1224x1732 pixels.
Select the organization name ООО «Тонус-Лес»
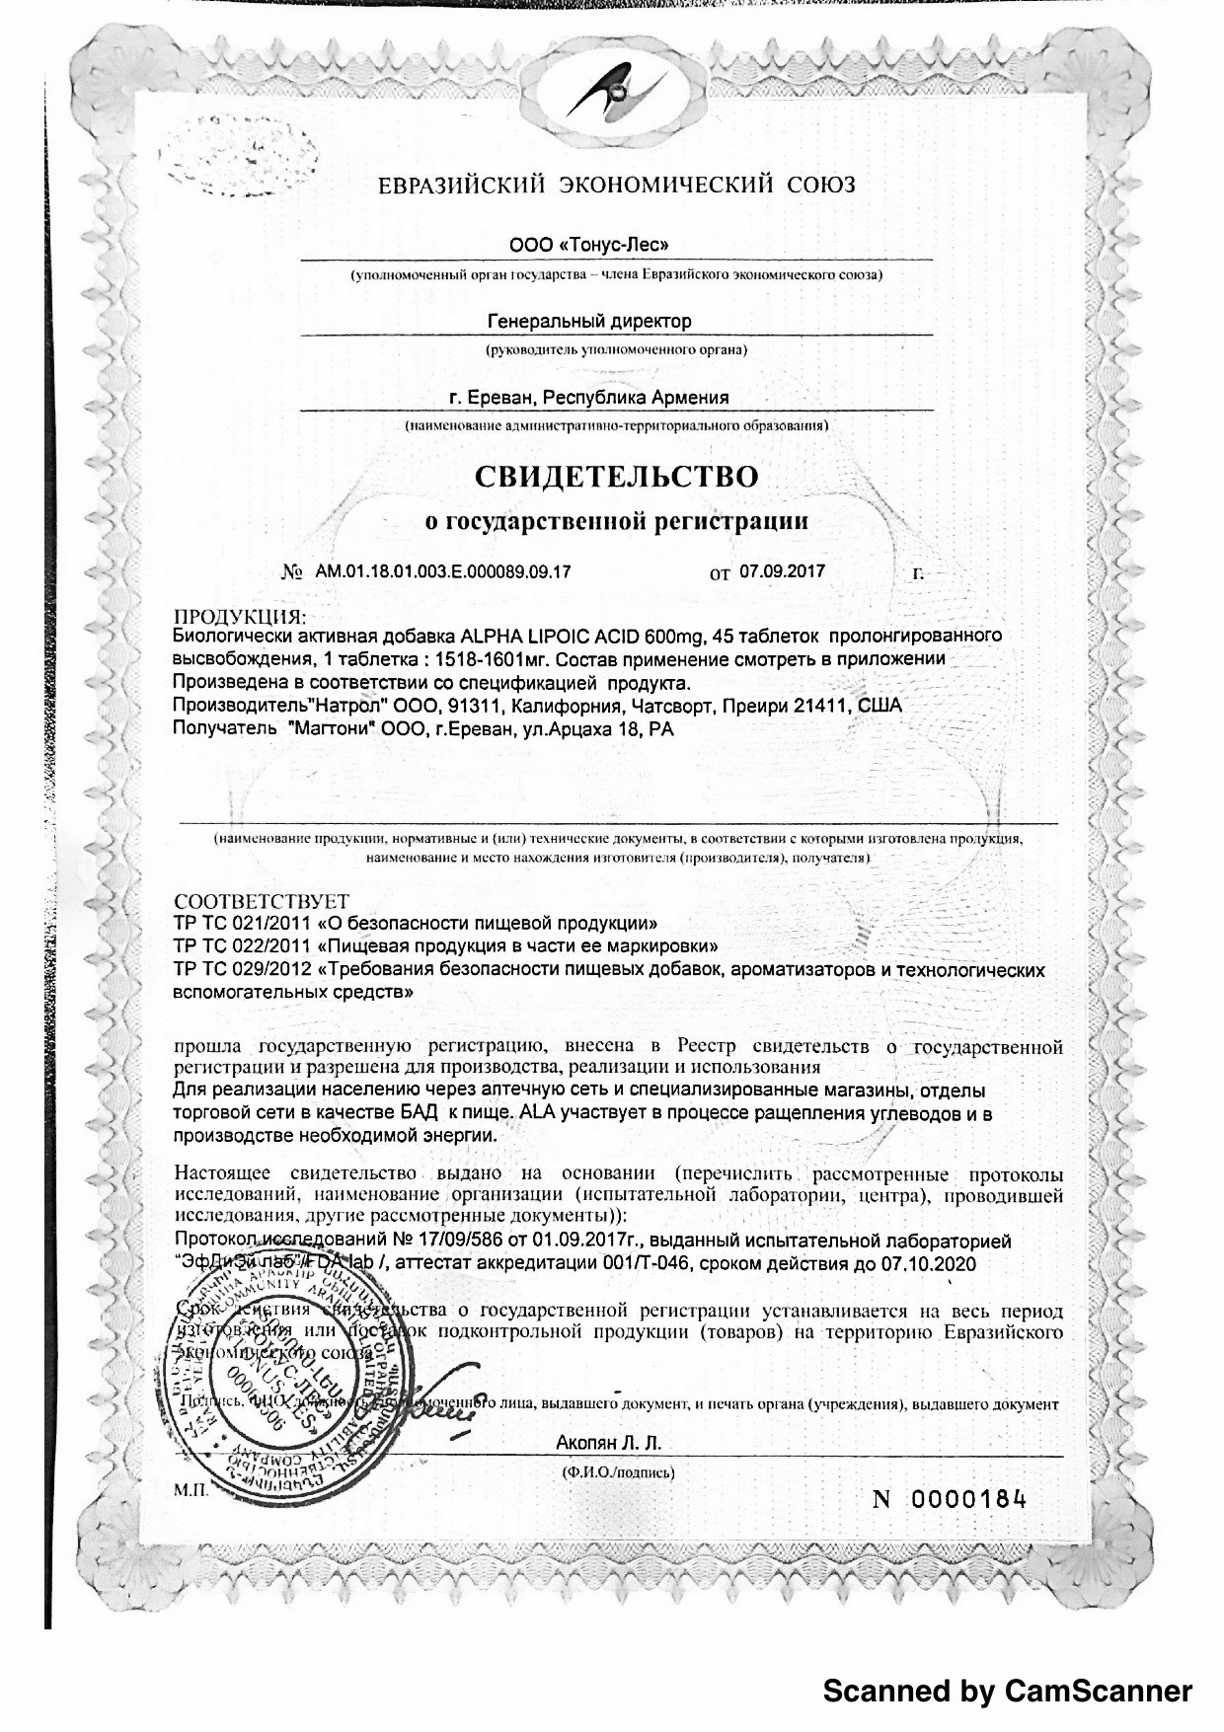point(581,244)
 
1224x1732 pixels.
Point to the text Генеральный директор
point(589,321)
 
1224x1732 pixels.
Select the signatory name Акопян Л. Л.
point(609,1443)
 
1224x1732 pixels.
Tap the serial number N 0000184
point(950,1499)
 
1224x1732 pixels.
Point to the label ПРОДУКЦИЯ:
point(240,618)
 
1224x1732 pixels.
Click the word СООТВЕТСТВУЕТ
point(261,902)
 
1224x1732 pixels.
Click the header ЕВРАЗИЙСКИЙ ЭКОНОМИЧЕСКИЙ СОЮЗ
point(617,185)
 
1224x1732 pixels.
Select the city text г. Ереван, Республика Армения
point(588,398)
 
